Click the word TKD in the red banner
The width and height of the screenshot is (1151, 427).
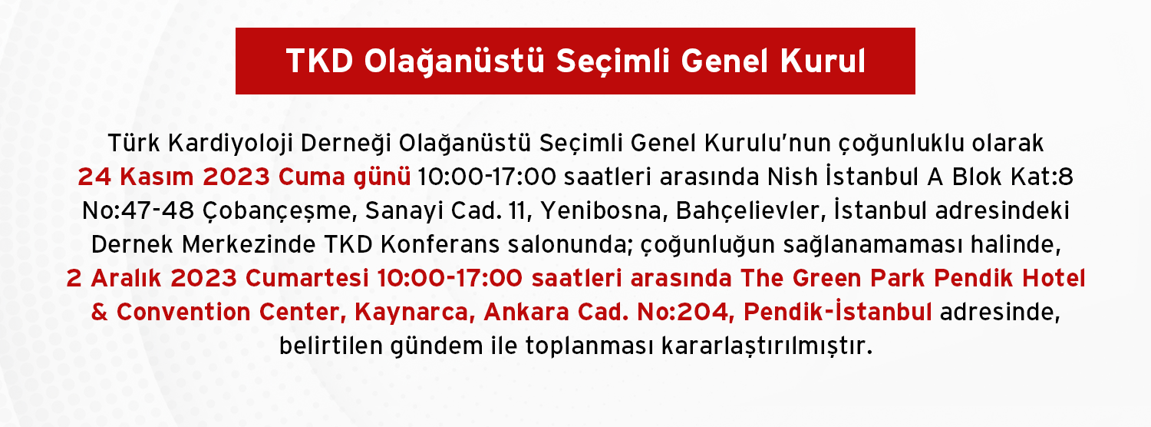(x=320, y=61)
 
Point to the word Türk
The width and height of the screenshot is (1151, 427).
(x=134, y=143)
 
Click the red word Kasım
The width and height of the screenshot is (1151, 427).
(x=157, y=177)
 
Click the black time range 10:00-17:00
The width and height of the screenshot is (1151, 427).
(x=486, y=177)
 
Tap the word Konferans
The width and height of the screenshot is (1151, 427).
(x=440, y=244)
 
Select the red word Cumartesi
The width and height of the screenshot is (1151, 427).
(x=307, y=278)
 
